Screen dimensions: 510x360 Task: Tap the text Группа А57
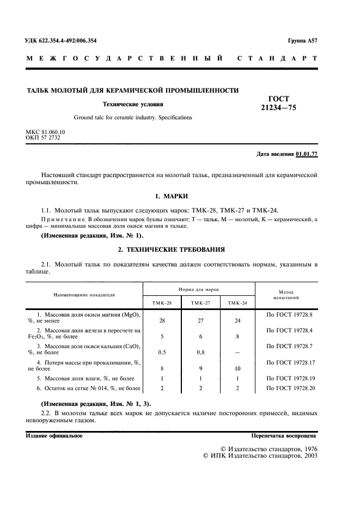point(302,41)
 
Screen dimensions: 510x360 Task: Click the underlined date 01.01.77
point(307,154)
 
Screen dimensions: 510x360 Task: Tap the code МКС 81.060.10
point(45,132)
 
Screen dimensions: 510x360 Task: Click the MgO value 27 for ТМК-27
point(200,321)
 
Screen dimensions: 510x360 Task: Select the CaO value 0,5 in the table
point(162,352)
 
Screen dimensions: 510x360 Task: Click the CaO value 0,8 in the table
point(200,352)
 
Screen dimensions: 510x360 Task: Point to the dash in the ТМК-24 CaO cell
point(237,352)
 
